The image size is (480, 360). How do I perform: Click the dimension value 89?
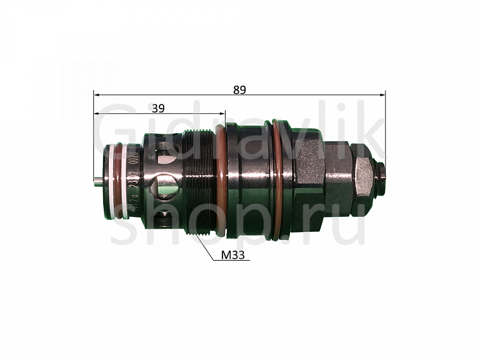pyautogui.click(x=239, y=89)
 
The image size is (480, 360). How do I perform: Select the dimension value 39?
pyautogui.click(x=158, y=108)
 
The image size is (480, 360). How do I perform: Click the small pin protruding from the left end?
pyautogui.click(x=98, y=181)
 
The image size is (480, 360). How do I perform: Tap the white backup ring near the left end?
pyautogui.click(x=124, y=181)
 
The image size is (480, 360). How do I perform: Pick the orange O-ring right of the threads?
pyautogui.click(x=221, y=181)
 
